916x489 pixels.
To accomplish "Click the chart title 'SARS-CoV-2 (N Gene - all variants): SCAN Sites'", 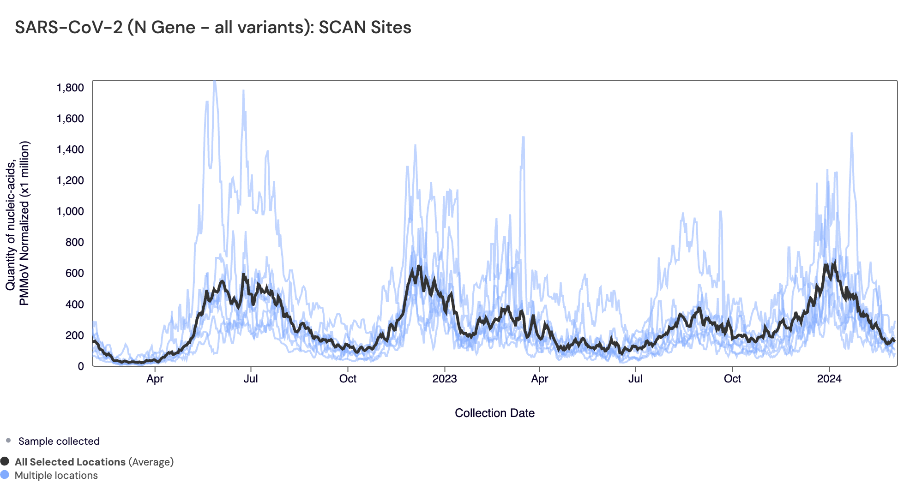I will pos(213,28).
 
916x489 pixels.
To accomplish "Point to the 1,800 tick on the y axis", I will pos(70,88).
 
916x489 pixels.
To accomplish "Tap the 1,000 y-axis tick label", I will pos(70,211).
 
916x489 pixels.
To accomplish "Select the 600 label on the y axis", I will pos(75,273).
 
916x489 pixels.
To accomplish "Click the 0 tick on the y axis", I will pos(81,366).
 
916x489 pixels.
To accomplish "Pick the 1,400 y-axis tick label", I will pos(70,149).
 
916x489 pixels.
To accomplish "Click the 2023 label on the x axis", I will pos(444,379).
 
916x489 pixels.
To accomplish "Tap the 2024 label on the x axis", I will pos(829,379).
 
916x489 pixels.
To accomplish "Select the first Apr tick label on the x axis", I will pos(155,379).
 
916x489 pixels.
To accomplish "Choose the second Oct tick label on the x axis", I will pos(732,379).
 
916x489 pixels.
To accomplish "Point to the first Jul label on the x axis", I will pos(251,379).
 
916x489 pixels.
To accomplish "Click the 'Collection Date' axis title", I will pos(494,413).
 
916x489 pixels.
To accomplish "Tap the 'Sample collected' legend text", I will pos(59,441).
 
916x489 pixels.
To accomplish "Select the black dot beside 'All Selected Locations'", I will pos(5,461).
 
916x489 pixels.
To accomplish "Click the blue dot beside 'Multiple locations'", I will pos(5,475).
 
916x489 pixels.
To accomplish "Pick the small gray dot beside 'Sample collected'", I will pos(8,441).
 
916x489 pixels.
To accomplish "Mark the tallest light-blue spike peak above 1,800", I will pos(214,82).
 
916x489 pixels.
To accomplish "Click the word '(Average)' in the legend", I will pos(151,462).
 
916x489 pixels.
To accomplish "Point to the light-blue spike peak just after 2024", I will pos(851,133).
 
